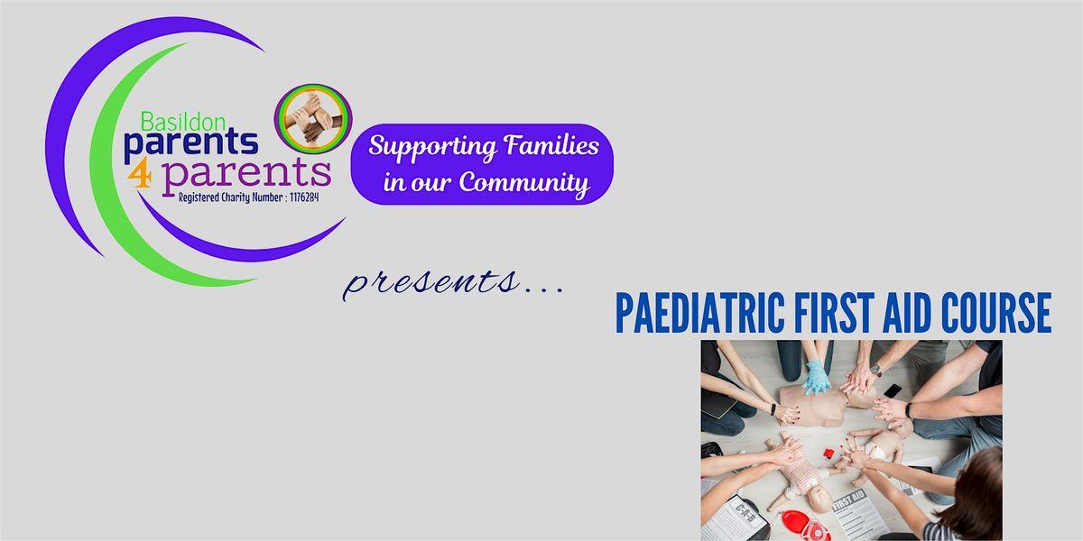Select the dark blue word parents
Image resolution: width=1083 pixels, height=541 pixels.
(x=190, y=142)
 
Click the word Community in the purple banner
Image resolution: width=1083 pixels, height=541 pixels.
(x=523, y=183)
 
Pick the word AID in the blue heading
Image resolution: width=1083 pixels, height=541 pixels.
(x=905, y=315)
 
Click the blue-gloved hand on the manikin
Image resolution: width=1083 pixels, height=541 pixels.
(x=816, y=377)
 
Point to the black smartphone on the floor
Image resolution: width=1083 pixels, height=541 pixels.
(x=891, y=392)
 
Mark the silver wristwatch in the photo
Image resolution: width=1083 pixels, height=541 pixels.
(x=875, y=370)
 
